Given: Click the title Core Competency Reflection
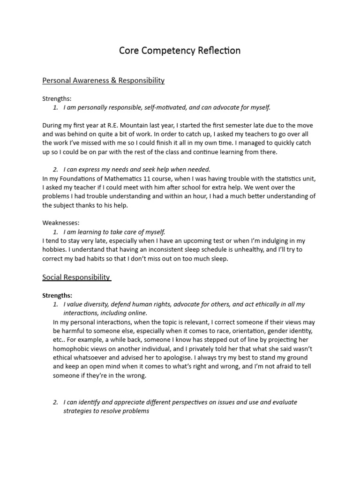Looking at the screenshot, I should (180, 51).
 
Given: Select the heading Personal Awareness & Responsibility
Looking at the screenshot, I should (104, 81).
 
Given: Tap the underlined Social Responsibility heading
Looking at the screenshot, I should (76, 277).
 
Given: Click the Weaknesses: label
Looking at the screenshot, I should (61, 223).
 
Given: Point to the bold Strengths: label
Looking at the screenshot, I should (57, 295).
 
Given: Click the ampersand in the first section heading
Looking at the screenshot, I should (113, 81).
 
